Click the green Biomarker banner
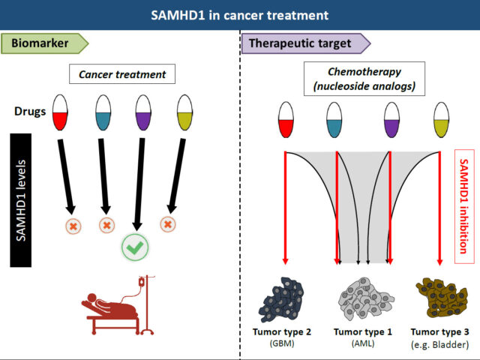(x=44, y=43)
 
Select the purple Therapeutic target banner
(x=306, y=43)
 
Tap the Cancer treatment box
(x=122, y=74)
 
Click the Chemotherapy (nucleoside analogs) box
(x=364, y=79)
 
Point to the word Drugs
(x=30, y=112)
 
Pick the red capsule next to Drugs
(x=60, y=112)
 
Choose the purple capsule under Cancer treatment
(x=143, y=112)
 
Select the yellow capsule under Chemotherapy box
(x=442, y=120)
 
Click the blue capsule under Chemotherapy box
(x=334, y=120)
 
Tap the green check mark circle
(x=135, y=247)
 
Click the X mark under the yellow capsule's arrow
(x=168, y=224)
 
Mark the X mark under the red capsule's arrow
(x=73, y=226)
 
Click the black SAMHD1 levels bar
(x=21, y=200)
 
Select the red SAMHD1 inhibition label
(x=464, y=207)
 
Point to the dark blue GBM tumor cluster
(x=281, y=300)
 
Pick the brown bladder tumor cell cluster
(x=442, y=298)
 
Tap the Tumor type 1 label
(x=363, y=331)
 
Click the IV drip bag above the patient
(x=142, y=282)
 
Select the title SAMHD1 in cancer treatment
(x=240, y=15)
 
